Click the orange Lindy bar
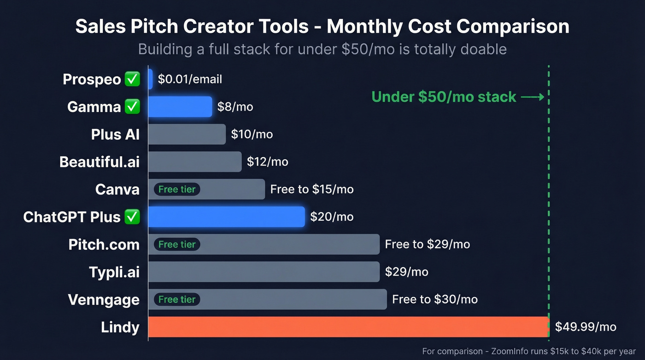tap(348, 327)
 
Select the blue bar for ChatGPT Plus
tap(226, 217)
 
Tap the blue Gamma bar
tap(180, 106)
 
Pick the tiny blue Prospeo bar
tap(150, 79)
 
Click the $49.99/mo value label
tap(585, 327)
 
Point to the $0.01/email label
tap(190, 79)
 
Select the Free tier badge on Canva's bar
tap(177, 189)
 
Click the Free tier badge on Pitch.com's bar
tap(177, 244)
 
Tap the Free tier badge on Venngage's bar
tap(177, 300)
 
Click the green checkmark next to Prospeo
tap(132, 79)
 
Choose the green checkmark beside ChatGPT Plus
tap(132, 217)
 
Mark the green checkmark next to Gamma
tap(132, 106)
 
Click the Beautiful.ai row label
tap(100, 162)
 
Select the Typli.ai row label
tap(114, 272)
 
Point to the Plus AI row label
tap(115, 134)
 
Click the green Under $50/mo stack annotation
tap(444, 97)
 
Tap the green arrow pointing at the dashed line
tap(533, 97)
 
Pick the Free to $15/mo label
tap(312, 189)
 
